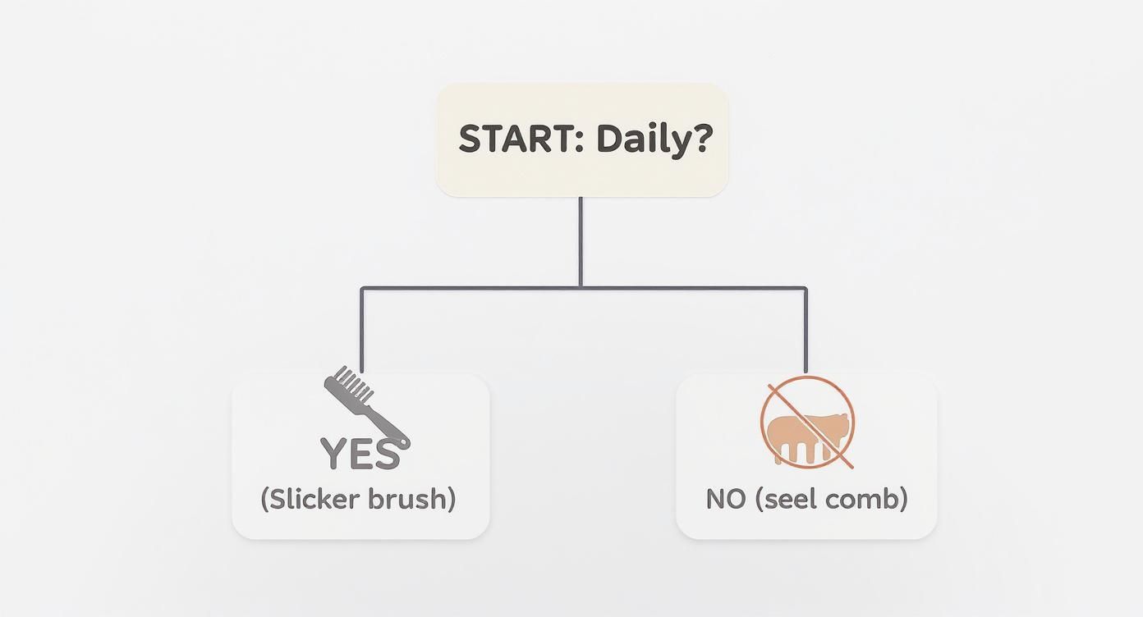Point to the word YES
pyautogui.click(x=360, y=454)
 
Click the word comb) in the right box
pyautogui.click(x=866, y=499)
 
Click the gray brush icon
pyautogui.click(x=366, y=406)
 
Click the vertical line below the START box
pyautogui.click(x=581, y=242)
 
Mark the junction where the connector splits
pyautogui.click(x=581, y=288)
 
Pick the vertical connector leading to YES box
pyautogui.click(x=362, y=331)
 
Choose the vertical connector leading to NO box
pyautogui.click(x=806, y=331)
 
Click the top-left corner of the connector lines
pyautogui.click(x=362, y=289)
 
